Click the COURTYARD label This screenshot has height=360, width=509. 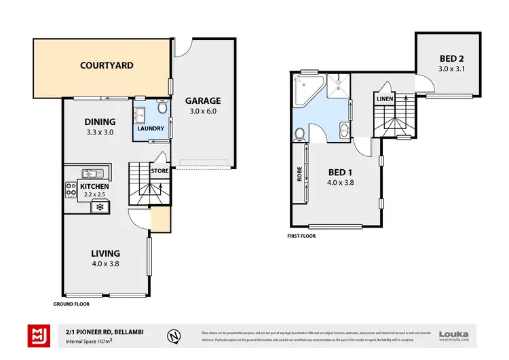107,66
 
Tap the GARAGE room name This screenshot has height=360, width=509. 203,101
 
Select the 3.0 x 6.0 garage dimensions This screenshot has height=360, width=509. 203,111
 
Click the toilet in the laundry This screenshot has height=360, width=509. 162,107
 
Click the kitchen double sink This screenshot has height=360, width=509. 90,174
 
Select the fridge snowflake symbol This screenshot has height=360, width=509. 100,206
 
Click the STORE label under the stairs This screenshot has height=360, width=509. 159,171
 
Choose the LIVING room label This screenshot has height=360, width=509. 105,253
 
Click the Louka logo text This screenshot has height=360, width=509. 454,333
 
